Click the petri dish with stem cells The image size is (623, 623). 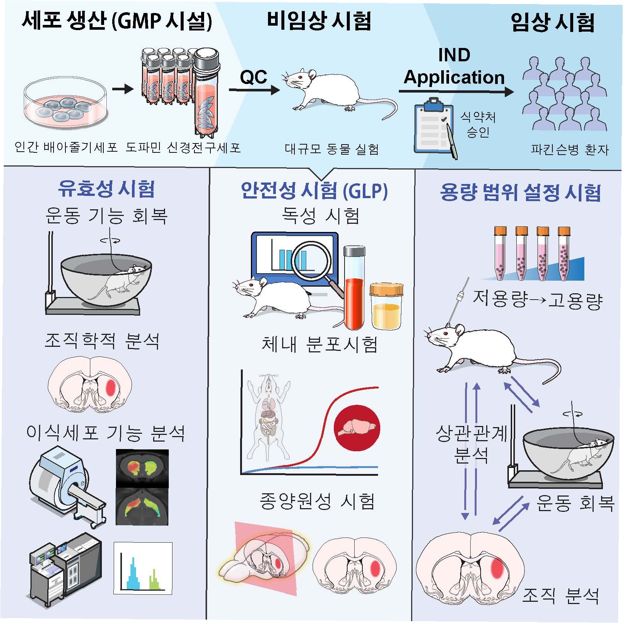coord(66,104)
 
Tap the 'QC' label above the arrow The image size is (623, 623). coord(254,77)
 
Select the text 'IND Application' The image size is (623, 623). coord(454,67)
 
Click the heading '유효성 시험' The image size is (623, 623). coord(106,189)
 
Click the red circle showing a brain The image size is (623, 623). coord(357,427)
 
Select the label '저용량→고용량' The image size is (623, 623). coord(538,299)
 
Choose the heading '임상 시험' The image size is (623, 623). coord(553,22)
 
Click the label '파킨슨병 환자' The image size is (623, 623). coord(569,150)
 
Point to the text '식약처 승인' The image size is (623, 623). coord(478,125)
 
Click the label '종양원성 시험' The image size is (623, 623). coord(317,501)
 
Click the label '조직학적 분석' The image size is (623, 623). coord(102,341)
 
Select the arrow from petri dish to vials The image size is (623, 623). coord(123,89)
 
